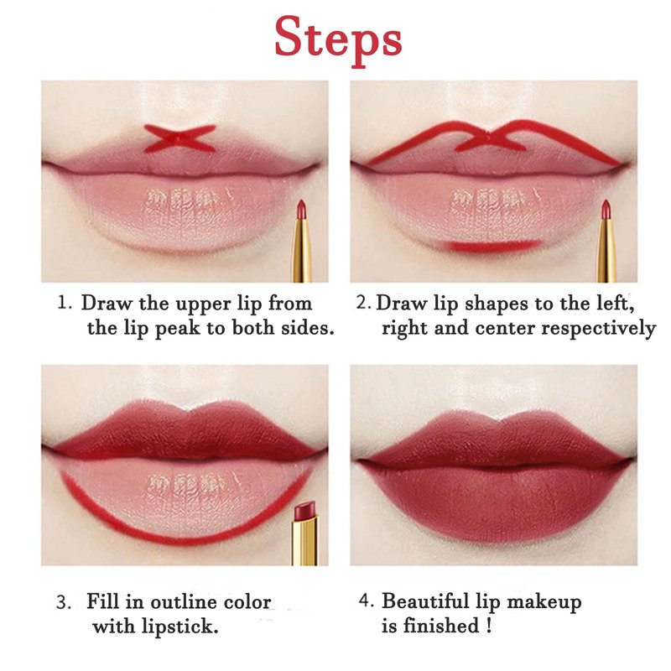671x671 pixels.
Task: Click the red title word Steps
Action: [x=338, y=41]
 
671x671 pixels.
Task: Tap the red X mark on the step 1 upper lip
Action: [x=179, y=138]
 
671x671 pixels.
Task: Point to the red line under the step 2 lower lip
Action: [x=492, y=246]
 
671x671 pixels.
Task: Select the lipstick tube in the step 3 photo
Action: [x=305, y=533]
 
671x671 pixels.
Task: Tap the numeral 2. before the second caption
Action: [x=363, y=303]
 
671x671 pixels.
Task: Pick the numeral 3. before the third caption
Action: [x=64, y=602]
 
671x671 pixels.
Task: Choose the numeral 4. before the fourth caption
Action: [x=367, y=601]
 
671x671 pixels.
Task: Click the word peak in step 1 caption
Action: [x=177, y=329]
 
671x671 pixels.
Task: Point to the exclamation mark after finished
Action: [x=489, y=626]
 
